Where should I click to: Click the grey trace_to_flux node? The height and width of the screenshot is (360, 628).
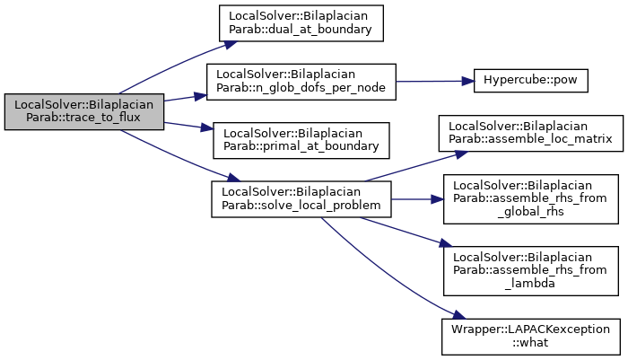[84, 112]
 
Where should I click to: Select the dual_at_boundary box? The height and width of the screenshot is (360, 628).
[301, 23]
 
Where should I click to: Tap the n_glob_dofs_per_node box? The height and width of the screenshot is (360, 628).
[301, 82]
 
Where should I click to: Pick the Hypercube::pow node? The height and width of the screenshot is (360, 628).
[531, 81]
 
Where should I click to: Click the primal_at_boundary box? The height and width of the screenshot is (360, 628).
[301, 141]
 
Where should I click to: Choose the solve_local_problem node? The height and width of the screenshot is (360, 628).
[301, 199]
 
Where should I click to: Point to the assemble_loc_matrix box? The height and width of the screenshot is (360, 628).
[531, 134]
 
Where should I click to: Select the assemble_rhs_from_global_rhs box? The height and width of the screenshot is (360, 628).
[531, 199]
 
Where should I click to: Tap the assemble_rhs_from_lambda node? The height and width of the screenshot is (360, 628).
[531, 271]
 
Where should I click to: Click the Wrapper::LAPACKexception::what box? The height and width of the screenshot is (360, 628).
[531, 337]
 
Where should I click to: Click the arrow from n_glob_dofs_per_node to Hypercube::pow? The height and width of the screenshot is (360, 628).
[435, 82]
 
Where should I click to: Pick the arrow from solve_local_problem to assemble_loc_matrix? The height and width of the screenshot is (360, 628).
[416, 166]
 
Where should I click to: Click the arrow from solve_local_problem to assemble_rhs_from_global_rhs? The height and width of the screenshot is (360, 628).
[417, 199]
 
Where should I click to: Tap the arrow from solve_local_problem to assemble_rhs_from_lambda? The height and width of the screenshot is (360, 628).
[406, 232]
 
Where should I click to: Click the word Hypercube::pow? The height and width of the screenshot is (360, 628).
[531, 80]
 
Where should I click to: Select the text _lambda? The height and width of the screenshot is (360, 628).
[530, 284]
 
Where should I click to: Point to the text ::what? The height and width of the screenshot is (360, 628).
[530, 343]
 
